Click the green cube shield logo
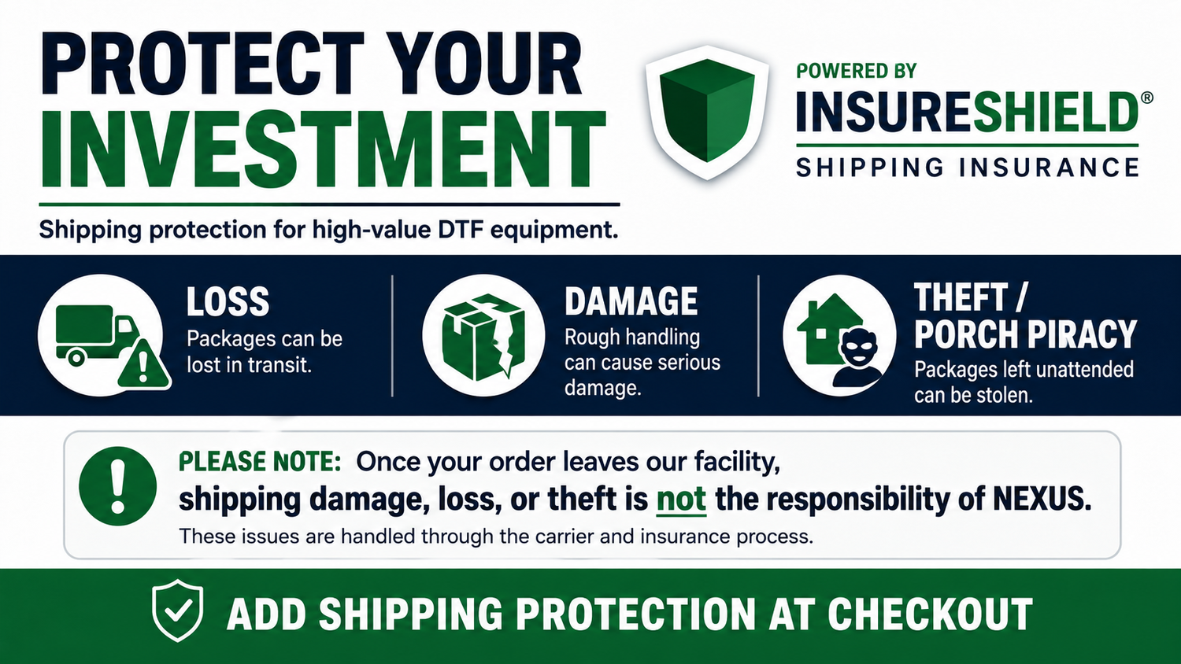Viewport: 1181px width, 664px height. point(707,112)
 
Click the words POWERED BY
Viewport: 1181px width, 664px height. point(857,71)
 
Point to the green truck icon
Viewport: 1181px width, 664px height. point(95,335)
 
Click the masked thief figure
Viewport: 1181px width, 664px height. point(858,356)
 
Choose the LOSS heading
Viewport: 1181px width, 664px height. point(228,301)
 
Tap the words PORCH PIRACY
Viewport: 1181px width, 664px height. point(1025,334)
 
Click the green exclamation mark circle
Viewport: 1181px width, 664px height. point(117,486)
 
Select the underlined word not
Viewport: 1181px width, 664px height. point(681,499)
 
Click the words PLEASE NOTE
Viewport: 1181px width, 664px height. point(259,462)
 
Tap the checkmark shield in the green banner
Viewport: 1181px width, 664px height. point(178,611)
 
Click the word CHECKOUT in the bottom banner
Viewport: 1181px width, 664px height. point(930,614)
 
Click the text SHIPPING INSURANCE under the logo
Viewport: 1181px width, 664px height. point(968,168)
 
